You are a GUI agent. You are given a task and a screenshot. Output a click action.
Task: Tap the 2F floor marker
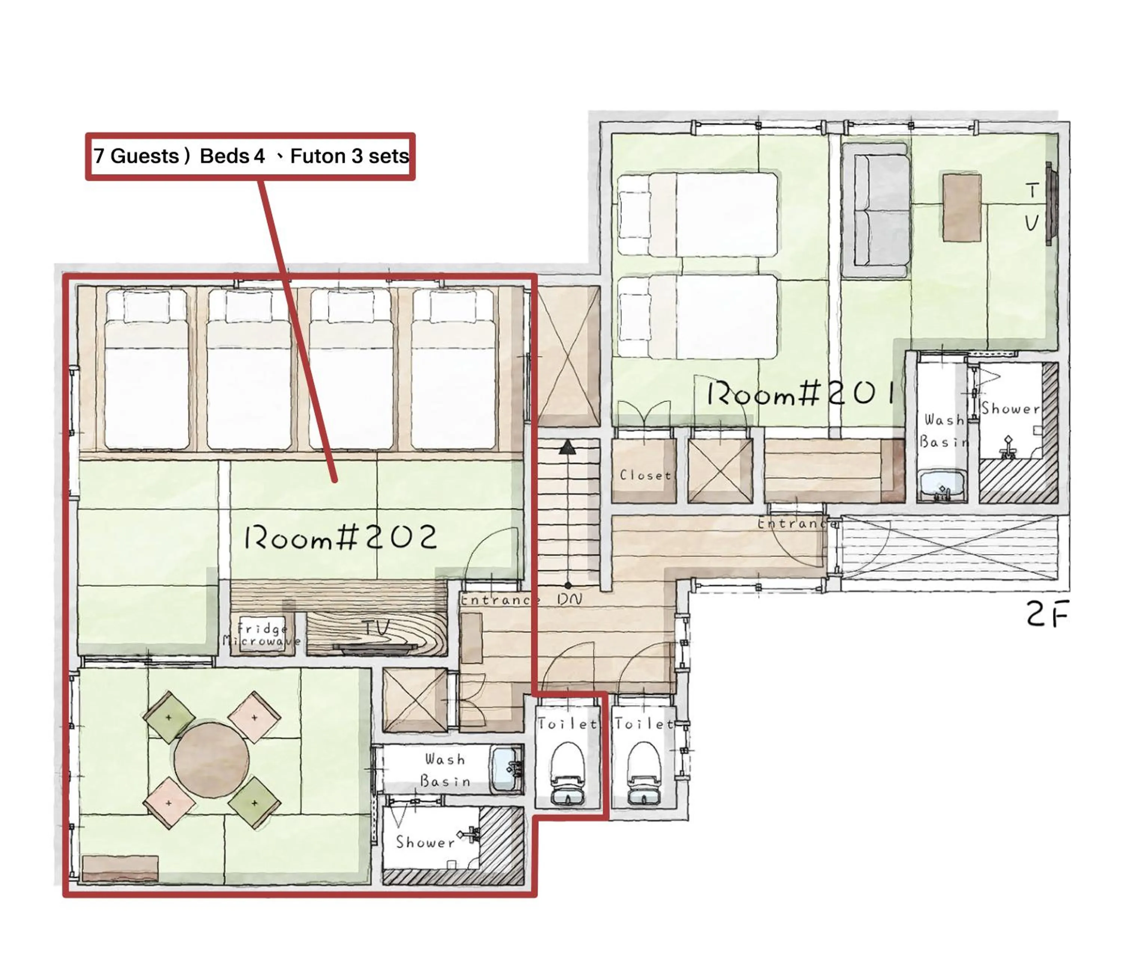pos(1046,614)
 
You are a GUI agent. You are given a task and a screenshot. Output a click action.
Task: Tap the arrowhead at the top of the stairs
pos(568,447)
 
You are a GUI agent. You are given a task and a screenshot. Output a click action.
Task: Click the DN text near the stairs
pos(570,599)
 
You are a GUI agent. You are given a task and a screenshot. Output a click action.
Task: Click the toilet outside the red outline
pos(643,773)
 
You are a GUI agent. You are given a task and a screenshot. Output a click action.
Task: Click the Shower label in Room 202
pos(425,842)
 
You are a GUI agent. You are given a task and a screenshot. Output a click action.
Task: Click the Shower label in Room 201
pos(1010,408)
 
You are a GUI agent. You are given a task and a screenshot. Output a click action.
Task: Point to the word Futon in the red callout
pos(316,156)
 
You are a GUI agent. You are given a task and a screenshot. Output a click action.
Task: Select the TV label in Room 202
pos(376,628)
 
